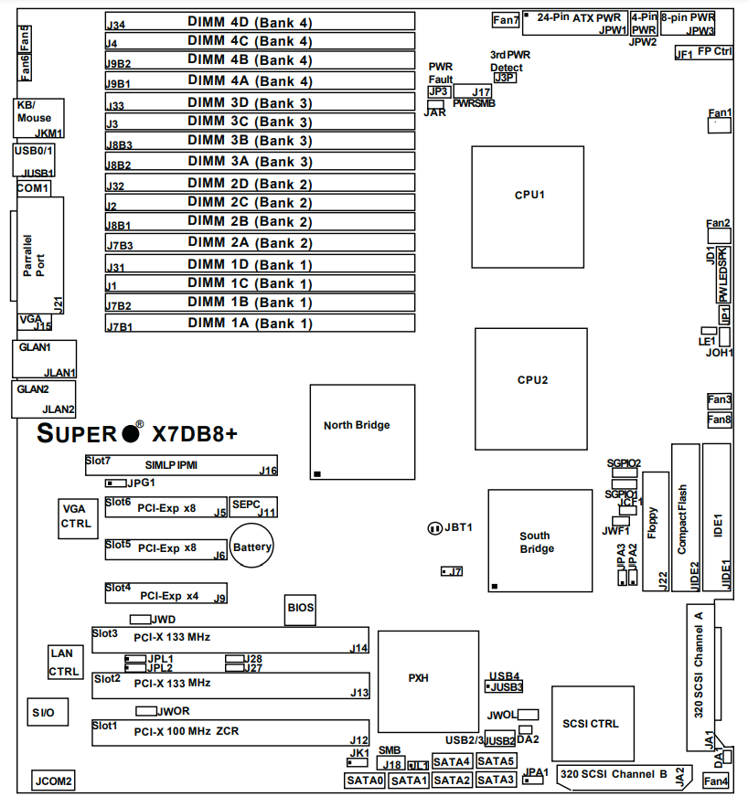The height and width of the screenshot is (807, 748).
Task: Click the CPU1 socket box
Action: pos(528,197)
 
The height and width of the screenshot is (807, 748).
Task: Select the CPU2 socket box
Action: pos(531,380)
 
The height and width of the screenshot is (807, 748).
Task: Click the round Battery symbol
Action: pos(252,547)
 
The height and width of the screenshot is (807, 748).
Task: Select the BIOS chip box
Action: pos(301,608)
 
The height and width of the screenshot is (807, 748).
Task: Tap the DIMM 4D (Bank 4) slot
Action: pos(259,21)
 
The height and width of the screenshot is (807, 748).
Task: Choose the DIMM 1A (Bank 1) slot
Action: pos(259,324)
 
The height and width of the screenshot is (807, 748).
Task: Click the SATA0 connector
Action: pos(365,780)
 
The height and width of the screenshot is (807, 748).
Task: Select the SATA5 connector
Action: pos(497,760)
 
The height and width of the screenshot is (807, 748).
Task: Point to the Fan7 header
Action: pos(506,19)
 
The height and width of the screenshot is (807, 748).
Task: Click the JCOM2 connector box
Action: pos(53,781)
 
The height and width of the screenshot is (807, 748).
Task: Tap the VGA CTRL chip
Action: pos(75,516)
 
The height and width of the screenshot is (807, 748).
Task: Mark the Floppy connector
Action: pos(656,531)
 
